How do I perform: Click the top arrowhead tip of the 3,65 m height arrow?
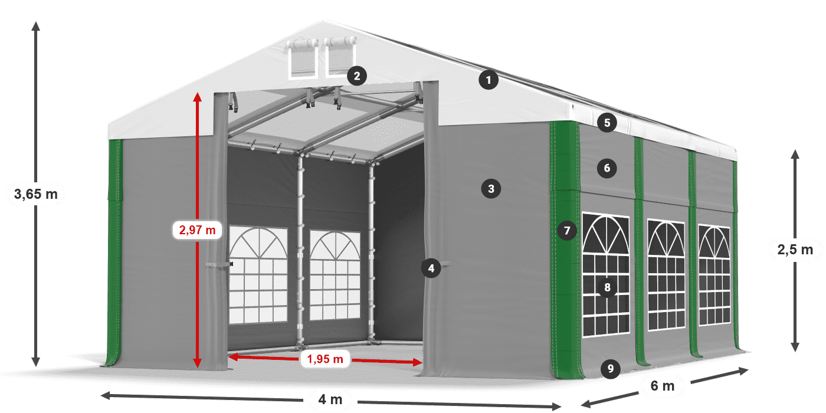pyautogui.click(x=36, y=21)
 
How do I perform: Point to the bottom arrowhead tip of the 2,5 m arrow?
pyautogui.click(x=795, y=352)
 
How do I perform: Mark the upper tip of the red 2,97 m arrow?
pyautogui.click(x=197, y=92)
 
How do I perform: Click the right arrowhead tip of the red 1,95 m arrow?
pyautogui.click(x=422, y=362)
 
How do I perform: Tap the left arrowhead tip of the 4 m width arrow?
pyautogui.click(x=101, y=396)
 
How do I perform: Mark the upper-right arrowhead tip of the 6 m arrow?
pyautogui.click(x=749, y=369)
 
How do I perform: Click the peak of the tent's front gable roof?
pyautogui.click(x=323, y=21)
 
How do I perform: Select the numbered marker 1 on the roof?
pyautogui.click(x=489, y=80)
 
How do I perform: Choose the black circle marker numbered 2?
pyautogui.click(x=356, y=76)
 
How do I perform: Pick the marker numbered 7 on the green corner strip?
pyautogui.click(x=567, y=231)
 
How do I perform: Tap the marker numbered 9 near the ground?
pyautogui.click(x=610, y=369)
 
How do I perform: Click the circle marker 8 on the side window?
pyautogui.click(x=607, y=287)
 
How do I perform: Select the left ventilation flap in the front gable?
pyautogui.click(x=303, y=58)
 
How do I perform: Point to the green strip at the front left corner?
pyautogui.click(x=114, y=253)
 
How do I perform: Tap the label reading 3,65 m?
pyautogui.click(x=36, y=194)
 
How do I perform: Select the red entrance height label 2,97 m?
pyautogui.click(x=197, y=230)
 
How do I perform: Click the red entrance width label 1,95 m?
pyautogui.click(x=325, y=359)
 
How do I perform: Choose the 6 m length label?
pyautogui.click(x=662, y=386)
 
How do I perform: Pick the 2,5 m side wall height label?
pyautogui.click(x=795, y=250)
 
